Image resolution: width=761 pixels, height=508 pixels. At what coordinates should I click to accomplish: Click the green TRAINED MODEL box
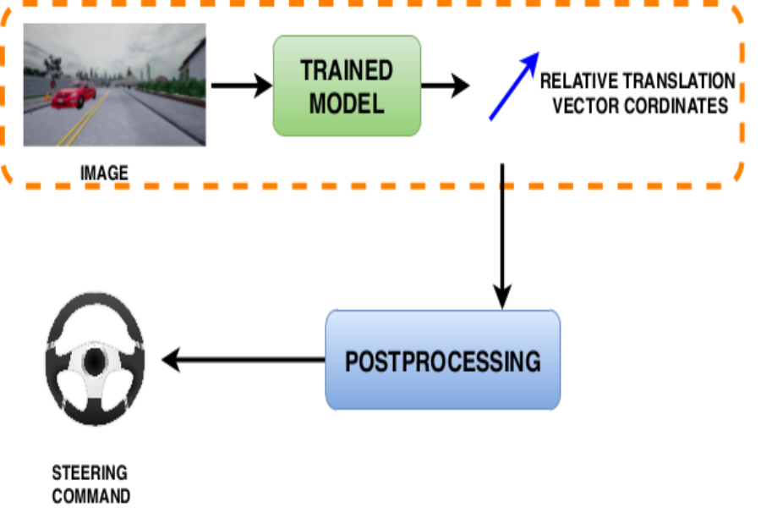(347, 86)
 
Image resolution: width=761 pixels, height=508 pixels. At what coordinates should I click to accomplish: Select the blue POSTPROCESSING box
(442, 360)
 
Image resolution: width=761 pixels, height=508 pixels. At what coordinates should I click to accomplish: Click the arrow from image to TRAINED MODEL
(241, 86)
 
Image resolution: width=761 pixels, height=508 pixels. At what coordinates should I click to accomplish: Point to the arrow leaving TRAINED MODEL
(445, 86)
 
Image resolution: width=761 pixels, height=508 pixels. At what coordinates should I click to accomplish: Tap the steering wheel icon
(95, 364)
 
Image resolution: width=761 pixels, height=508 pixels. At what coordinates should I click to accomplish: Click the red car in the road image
(74, 95)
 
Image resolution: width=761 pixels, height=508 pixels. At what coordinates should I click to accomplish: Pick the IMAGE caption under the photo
(104, 174)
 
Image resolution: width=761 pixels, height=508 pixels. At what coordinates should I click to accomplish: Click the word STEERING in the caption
(90, 472)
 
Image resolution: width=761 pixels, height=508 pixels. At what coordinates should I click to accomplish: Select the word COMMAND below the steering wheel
(91, 495)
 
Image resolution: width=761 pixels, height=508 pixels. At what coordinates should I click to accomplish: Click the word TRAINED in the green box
(347, 70)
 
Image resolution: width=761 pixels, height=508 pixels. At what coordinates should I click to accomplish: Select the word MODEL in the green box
(347, 103)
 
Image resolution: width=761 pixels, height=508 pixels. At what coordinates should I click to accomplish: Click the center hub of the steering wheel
(94, 362)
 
